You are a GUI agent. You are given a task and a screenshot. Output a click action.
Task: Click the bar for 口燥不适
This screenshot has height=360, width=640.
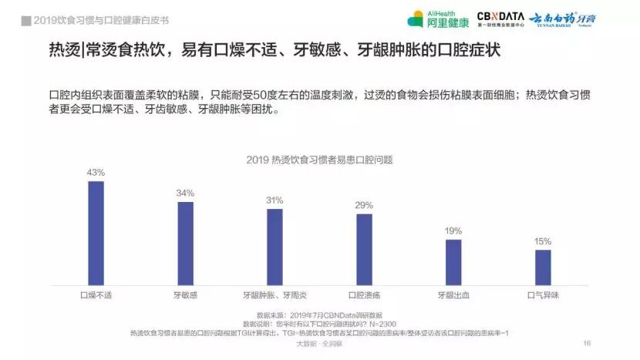coord(96,234)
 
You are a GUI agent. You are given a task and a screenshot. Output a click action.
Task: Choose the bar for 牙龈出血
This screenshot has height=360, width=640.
coord(453,262)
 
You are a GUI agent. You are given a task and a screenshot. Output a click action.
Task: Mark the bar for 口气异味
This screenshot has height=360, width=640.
coord(543,267)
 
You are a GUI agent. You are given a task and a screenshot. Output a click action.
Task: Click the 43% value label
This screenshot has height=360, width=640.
coord(96,173)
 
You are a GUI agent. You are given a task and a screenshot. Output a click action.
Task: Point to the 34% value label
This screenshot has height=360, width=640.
coord(185,193)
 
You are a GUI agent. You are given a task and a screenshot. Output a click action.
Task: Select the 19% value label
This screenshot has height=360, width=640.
coord(453,230)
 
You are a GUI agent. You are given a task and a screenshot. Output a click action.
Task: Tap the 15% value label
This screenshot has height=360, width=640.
coord(543,241)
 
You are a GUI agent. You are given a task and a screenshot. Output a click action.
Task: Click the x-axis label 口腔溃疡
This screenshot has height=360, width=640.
coord(364,294)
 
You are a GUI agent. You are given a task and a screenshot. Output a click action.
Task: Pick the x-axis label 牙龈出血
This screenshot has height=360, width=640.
coord(453,294)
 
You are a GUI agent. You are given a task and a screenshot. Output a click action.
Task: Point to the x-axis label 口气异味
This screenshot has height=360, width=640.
coord(543,294)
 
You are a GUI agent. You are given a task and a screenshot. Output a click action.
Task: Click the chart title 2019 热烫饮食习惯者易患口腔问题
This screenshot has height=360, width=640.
coord(320,160)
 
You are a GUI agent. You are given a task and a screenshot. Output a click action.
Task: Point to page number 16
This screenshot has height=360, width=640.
coord(587,343)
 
